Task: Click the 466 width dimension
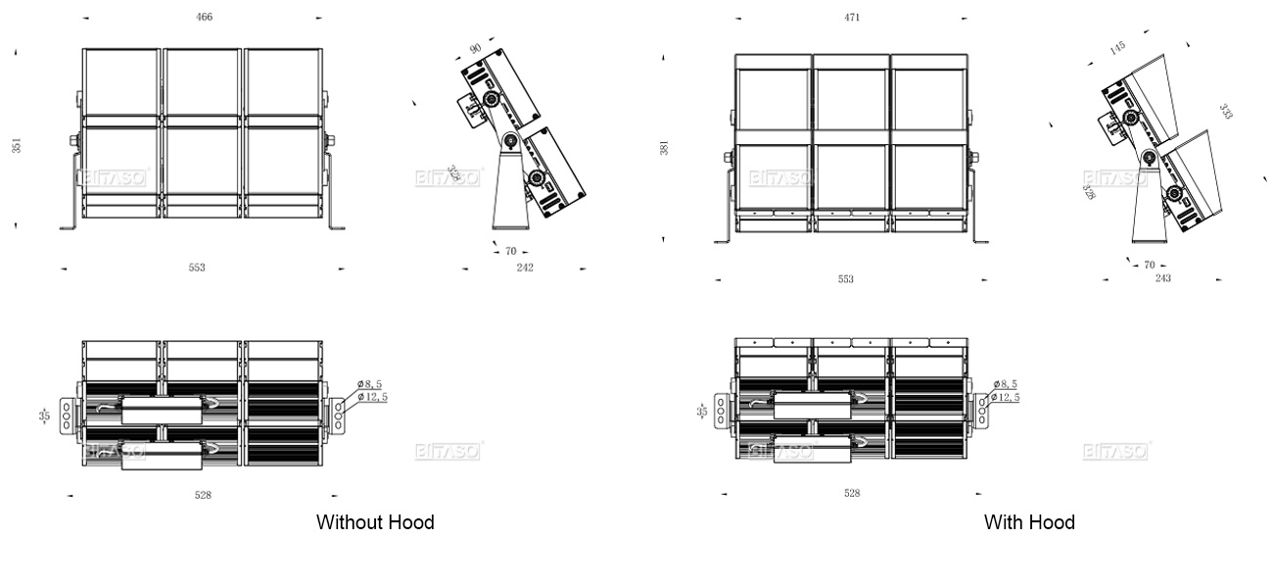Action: [204, 17]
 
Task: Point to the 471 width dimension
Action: [852, 18]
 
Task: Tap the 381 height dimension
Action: [665, 148]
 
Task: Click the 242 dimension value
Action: [525, 268]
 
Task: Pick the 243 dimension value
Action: [1163, 278]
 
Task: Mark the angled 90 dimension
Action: [476, 48]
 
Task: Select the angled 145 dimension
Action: [1117, 47]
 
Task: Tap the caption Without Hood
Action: [375, 522]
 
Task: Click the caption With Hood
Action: [1029, 522]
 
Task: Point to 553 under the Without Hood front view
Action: [197, 268]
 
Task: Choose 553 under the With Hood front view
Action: [845, 279]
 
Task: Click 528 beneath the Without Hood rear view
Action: [203, 495]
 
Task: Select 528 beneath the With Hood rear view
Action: [852, 493]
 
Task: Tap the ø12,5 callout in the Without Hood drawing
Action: [372, 397]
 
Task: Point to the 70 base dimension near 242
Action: [510, 251]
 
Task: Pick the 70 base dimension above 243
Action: [1150, 265]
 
